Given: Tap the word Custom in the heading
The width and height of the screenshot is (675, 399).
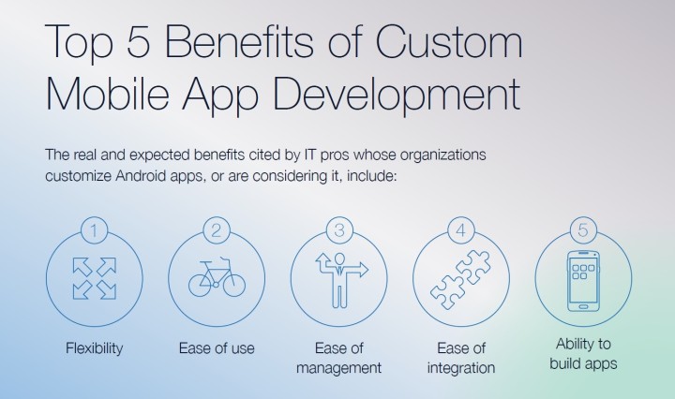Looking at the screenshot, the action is click(x=448, y=41).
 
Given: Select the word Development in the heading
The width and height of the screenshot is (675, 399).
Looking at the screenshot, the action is click(x=396, y=96).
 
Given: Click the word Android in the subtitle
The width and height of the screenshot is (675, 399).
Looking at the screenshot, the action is click(x=141, y=176).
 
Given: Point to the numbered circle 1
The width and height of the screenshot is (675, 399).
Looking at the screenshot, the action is click(x=94, y=230).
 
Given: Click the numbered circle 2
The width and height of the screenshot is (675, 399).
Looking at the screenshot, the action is click(x=217, y=230).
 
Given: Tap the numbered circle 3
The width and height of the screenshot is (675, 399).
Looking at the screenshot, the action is click(x=338, y=230).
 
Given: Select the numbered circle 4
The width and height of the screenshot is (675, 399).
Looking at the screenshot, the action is click(x=461, y=230).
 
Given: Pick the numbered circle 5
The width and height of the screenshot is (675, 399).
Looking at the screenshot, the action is click(x=583, y=230).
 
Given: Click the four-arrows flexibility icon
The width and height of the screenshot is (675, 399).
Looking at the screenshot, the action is click(x=95, y=278).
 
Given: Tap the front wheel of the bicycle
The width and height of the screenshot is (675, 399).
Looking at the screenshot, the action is click(x=233, y=284).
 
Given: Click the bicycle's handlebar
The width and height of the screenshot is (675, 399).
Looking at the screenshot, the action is click(x=224, y=259).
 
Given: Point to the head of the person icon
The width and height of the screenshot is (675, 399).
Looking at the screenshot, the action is click(x=339, y=258).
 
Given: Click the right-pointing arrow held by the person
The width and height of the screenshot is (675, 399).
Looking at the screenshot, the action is click(x=356, y=270).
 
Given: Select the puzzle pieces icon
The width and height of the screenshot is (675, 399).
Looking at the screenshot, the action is click(x=460, y=280).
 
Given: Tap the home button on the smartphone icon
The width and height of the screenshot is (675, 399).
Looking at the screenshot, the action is click(x=583, y=306).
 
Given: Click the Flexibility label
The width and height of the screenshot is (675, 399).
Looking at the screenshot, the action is click(x=95, y=347).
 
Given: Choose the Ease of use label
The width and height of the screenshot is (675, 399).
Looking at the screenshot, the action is click(x=217, y=347).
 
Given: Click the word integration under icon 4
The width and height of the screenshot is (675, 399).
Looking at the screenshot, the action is click(x=461, y=368).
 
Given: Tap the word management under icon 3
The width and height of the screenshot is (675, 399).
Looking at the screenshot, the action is click(x=338, y=368).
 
